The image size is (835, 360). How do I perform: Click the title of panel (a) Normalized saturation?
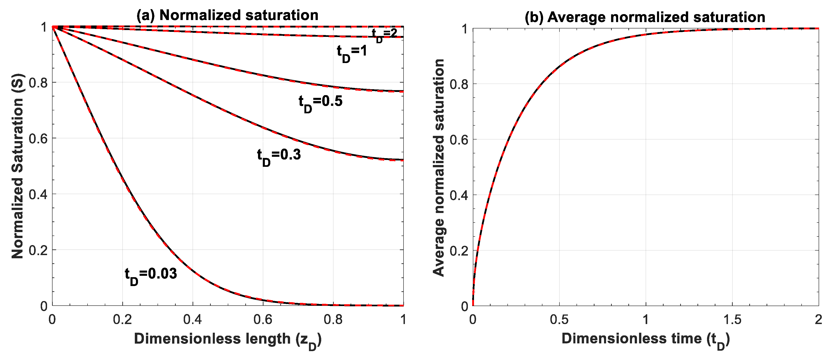point(227,15)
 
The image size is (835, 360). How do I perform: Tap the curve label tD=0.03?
point(151,275)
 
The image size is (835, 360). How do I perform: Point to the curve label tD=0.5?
point(320,102)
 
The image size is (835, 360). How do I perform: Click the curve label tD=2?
point(384,34)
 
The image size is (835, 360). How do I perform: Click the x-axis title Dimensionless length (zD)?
point(228,339)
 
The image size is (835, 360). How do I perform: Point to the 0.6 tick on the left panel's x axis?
point(263,319)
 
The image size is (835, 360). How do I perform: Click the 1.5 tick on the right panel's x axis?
point(732,319)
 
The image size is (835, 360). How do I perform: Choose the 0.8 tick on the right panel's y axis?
point(459,84)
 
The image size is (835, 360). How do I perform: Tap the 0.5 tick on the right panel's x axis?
point(559,319)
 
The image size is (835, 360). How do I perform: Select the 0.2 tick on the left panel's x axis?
point(123,319)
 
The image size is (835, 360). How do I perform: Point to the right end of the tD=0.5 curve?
point(403,91)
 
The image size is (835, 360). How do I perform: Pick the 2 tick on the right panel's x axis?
point(818,319)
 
